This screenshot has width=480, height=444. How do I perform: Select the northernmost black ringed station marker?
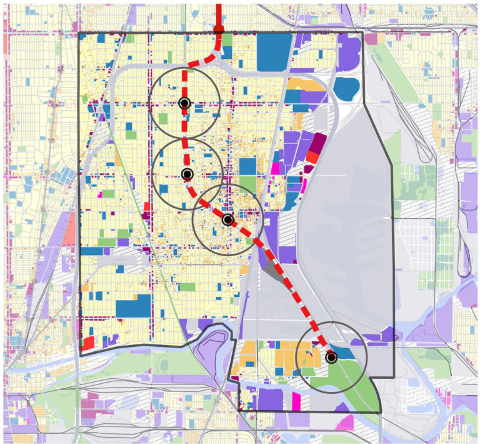184,103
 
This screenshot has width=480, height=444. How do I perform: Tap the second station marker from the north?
187,173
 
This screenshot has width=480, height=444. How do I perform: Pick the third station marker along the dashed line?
227,220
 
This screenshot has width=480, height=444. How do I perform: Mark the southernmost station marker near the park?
331,358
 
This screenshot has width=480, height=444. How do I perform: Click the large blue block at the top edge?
274,48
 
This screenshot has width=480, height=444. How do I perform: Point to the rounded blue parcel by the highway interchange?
346,89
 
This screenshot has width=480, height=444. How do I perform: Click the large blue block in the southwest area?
133,306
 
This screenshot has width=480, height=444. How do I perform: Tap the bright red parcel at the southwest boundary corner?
87,343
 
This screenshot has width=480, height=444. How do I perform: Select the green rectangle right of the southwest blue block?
186,287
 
